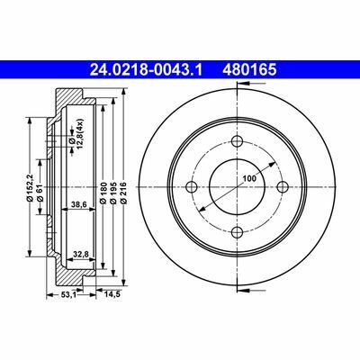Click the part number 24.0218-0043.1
click(x=147, y=70)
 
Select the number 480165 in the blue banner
click(x=249, y=70)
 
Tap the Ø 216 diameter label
click(x=123, y=193)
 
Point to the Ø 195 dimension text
click(x=113, y=193)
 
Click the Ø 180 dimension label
click(x=103, y=193)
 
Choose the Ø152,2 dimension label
click(x=30, y=187)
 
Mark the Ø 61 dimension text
click(x=40, y=193)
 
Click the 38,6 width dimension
click(x=79, y=204)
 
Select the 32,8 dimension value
click(x=80, y=254)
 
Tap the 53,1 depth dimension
click(x=68, y=294)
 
